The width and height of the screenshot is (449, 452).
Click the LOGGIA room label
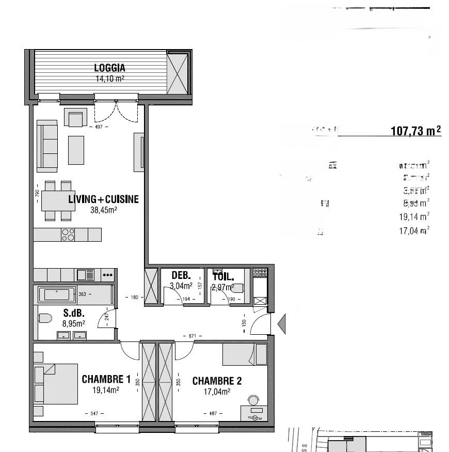pyautogui.click(x=109, y=68)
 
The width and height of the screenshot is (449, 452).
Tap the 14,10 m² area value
pyautogui.click(x=109, y=79)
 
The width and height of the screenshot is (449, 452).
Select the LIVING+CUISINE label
pyautogui.click(x=104, y=199)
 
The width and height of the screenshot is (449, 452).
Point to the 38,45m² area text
pyautogui.click(x=104, y=210)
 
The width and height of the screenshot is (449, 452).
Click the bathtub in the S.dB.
pyautogui.click(x=57, y=295)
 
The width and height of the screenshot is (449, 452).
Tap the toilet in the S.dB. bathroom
pyautogui.click(x=44, y=318)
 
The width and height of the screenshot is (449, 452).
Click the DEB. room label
pyautogui.click(x=181, y=275)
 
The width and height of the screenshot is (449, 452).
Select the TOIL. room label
pyautogui.click(x=223, y=275)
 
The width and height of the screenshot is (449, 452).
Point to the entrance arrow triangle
pyautogui.click(x=282, y=324)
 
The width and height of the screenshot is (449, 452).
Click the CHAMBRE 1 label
pyautogui.click(x=106, y=380)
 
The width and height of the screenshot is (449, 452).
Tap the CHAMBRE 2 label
pyautogui.click(x=217, y=381)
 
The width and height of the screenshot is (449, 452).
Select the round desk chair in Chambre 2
pyautogui.click(x=253, y=400)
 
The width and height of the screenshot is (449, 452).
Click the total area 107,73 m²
pyautogui.click(x=416, y=131)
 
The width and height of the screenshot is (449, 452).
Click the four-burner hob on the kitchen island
pyautogui.click(x=68, y=235)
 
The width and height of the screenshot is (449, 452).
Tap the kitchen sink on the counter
pyautogui.click(x=85, y=274)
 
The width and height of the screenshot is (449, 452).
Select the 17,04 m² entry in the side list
pyautogui.click(x=414, y=231)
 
